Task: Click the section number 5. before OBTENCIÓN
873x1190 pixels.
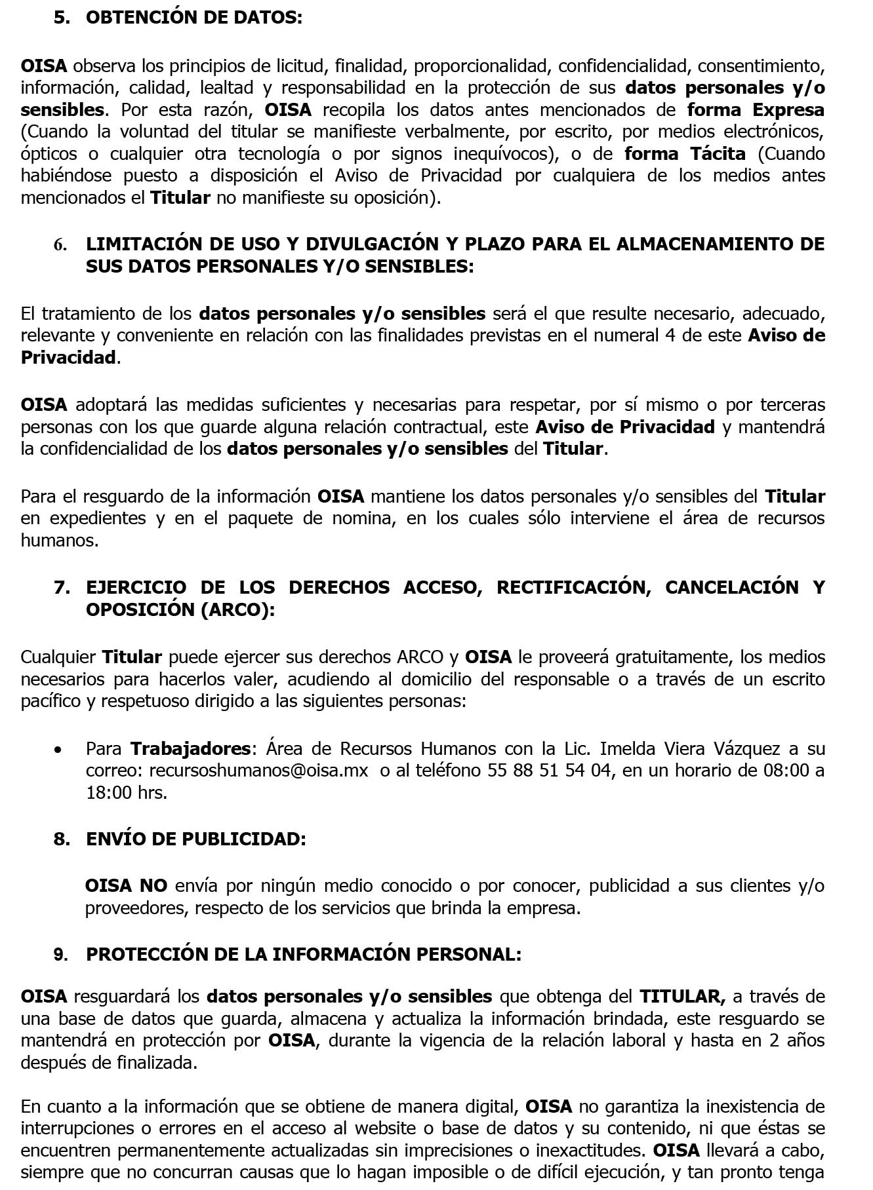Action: click(62, 18)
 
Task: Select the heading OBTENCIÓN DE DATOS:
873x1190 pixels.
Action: click(194, 18)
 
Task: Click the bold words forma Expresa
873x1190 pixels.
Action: click(756, 109)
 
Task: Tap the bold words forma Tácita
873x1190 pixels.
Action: click(685, 154)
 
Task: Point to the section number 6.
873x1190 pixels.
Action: click(60, 245)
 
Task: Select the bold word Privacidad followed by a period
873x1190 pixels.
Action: click(68, 358)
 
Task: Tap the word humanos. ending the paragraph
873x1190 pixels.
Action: click(60, 541)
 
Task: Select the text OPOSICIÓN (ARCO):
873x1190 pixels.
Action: click(180, 609)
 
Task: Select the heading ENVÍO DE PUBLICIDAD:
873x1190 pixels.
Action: click(195, 839)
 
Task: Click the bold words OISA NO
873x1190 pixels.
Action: click(126, 886)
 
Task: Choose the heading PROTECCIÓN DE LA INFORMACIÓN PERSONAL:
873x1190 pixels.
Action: click(303, 955)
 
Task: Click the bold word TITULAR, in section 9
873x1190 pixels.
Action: click(682, 997)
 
